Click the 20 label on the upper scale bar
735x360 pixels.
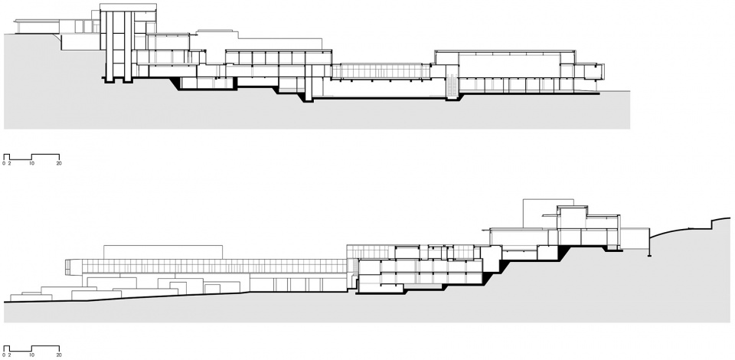(59, 164)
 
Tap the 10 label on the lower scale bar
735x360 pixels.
(31, 355)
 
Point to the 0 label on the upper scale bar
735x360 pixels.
(4, 164)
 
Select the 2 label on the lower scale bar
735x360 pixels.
(9, 355)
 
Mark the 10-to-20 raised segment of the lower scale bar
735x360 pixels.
(45, 346)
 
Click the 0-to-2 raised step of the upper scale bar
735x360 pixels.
(7, 154)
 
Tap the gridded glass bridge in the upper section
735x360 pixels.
(381, 71)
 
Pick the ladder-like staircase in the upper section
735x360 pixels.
(452, 85)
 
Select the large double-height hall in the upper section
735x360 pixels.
(508, 66)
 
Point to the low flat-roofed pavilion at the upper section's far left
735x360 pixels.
(38, 26)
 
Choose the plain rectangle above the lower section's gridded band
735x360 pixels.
(162, 252)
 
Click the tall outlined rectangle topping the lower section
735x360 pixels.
(540, 214)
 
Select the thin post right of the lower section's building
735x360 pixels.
(649, 242)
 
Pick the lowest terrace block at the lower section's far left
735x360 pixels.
(31, 297)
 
